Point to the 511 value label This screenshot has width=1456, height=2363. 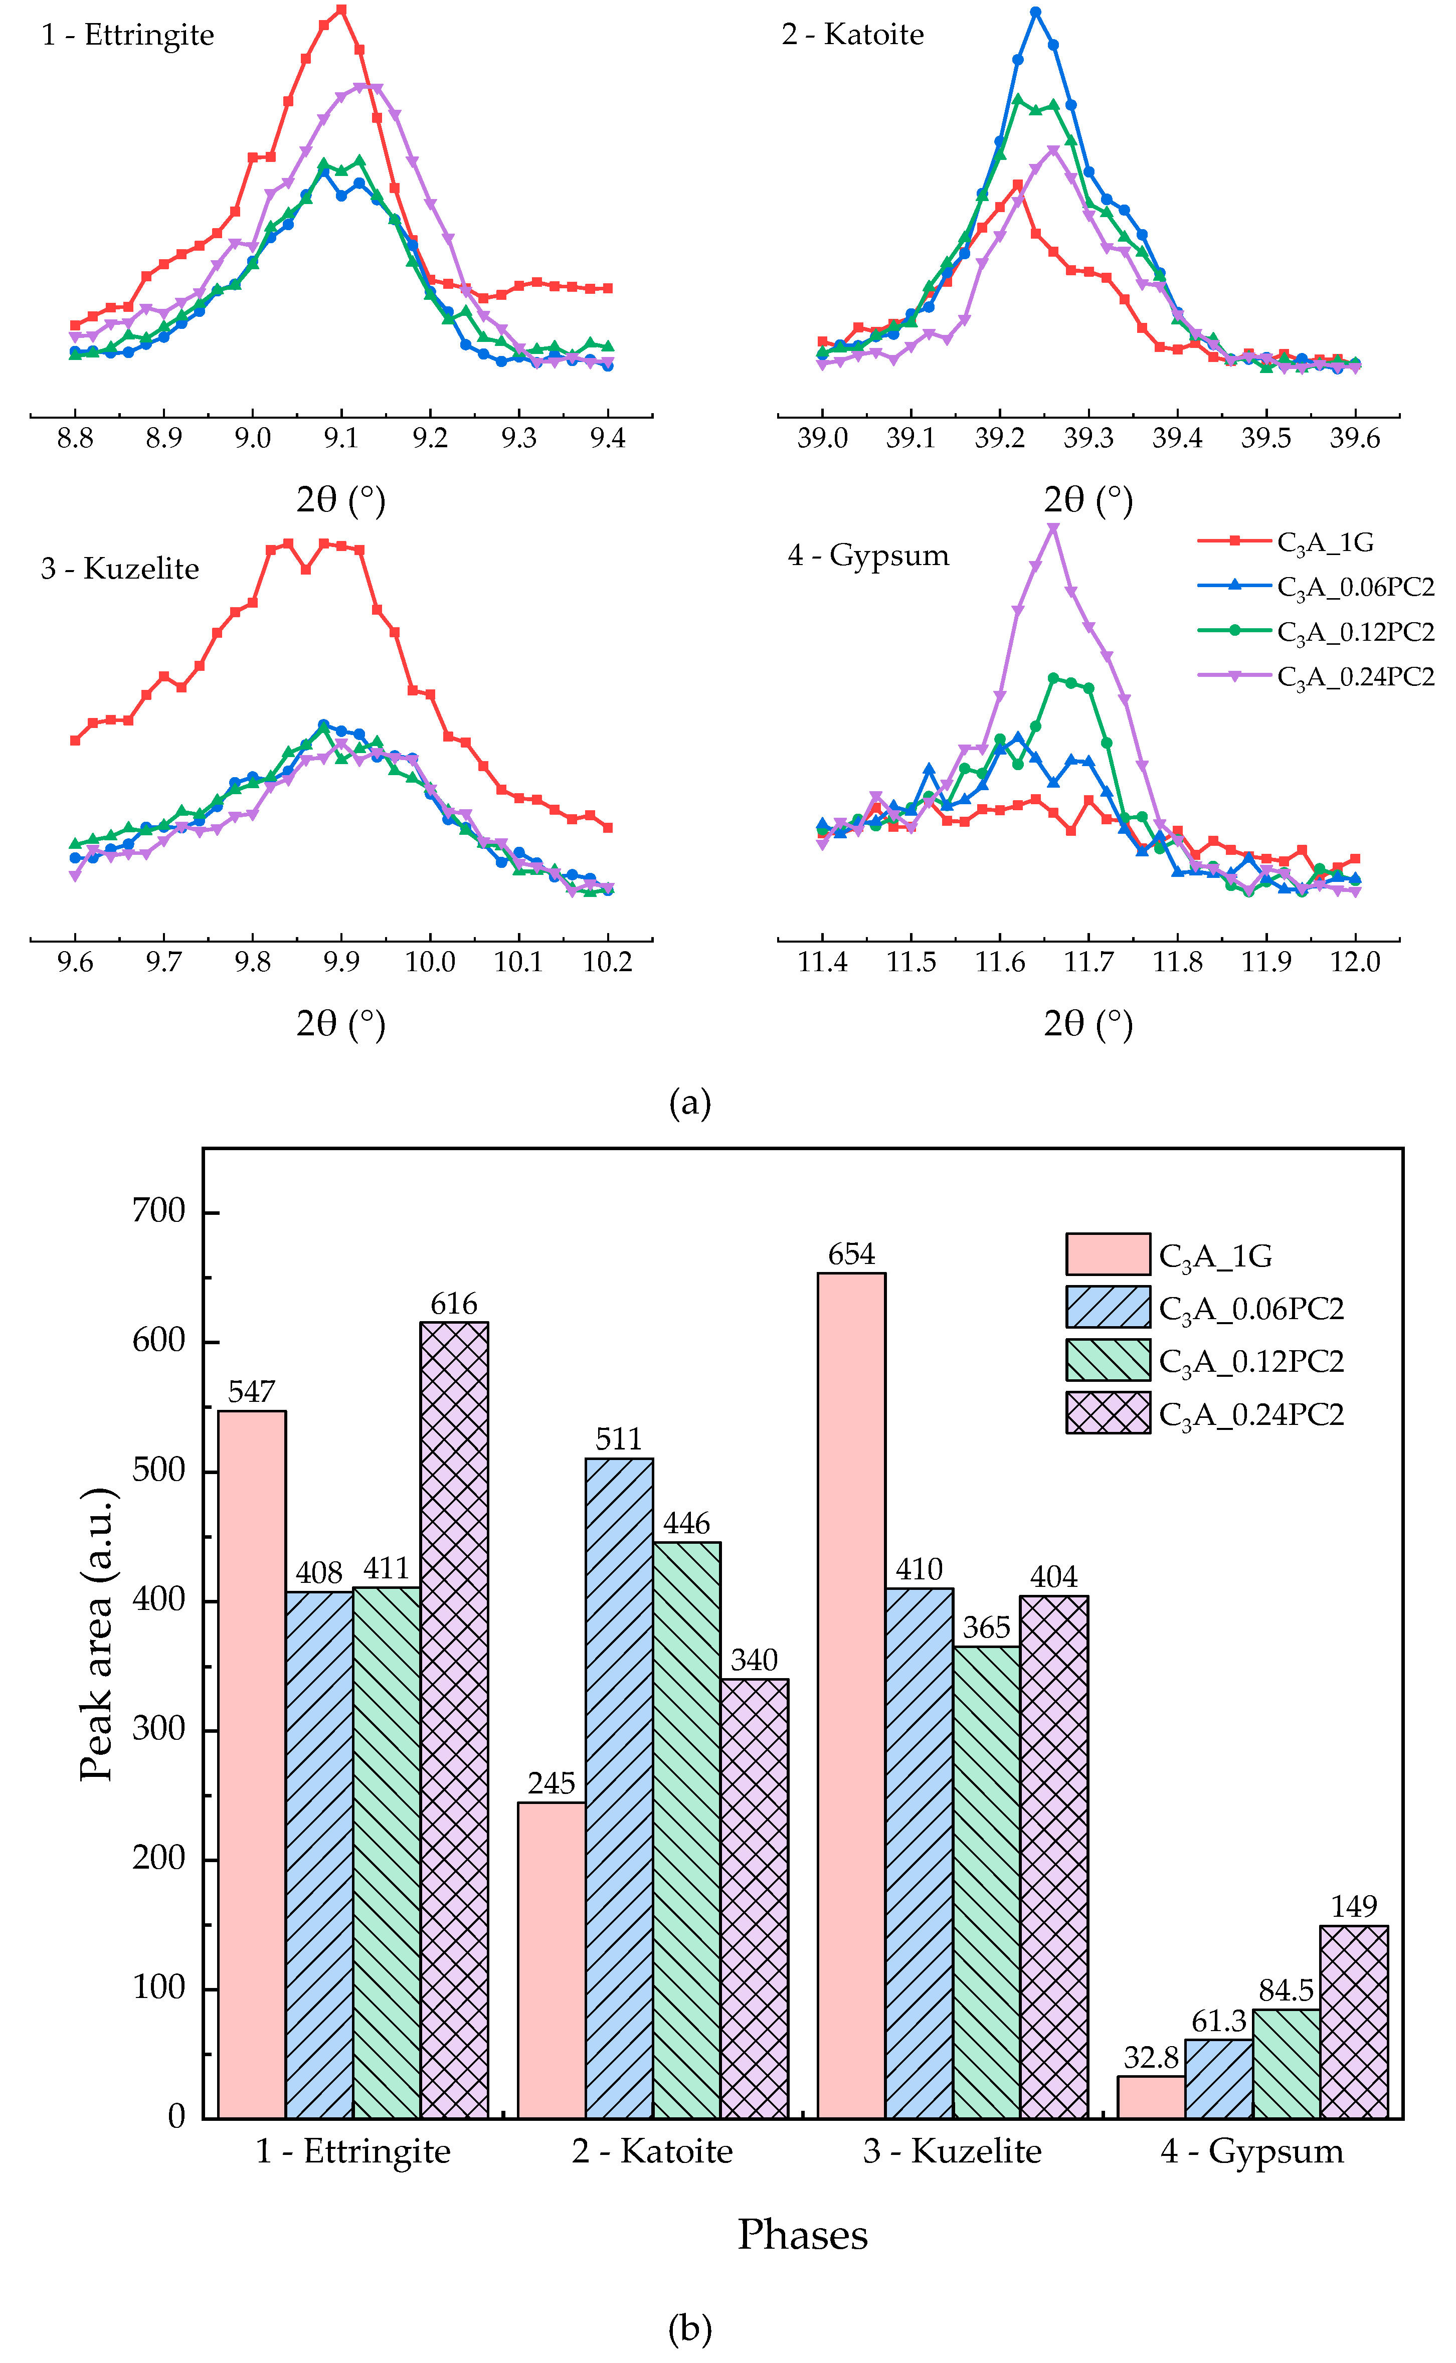(618, 1438)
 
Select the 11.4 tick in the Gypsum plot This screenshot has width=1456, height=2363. (822, 962)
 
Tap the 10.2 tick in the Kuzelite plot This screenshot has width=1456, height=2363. (608, 962)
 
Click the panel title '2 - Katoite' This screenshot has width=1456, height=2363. (853, 35)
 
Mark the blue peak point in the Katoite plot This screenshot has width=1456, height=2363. (1035, 13)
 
